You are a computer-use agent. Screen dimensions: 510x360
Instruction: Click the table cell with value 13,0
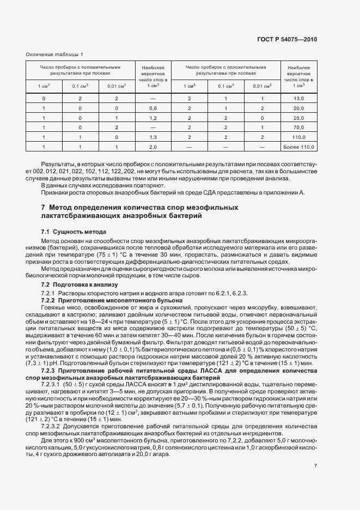pos(298,98)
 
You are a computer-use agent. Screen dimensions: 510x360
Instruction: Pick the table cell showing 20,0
pos(298,108)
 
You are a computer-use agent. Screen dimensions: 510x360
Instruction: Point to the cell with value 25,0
pos(298,118)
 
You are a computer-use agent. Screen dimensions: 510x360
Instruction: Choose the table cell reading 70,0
pos(298,127)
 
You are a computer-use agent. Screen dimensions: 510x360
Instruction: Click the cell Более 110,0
pos(298,147)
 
